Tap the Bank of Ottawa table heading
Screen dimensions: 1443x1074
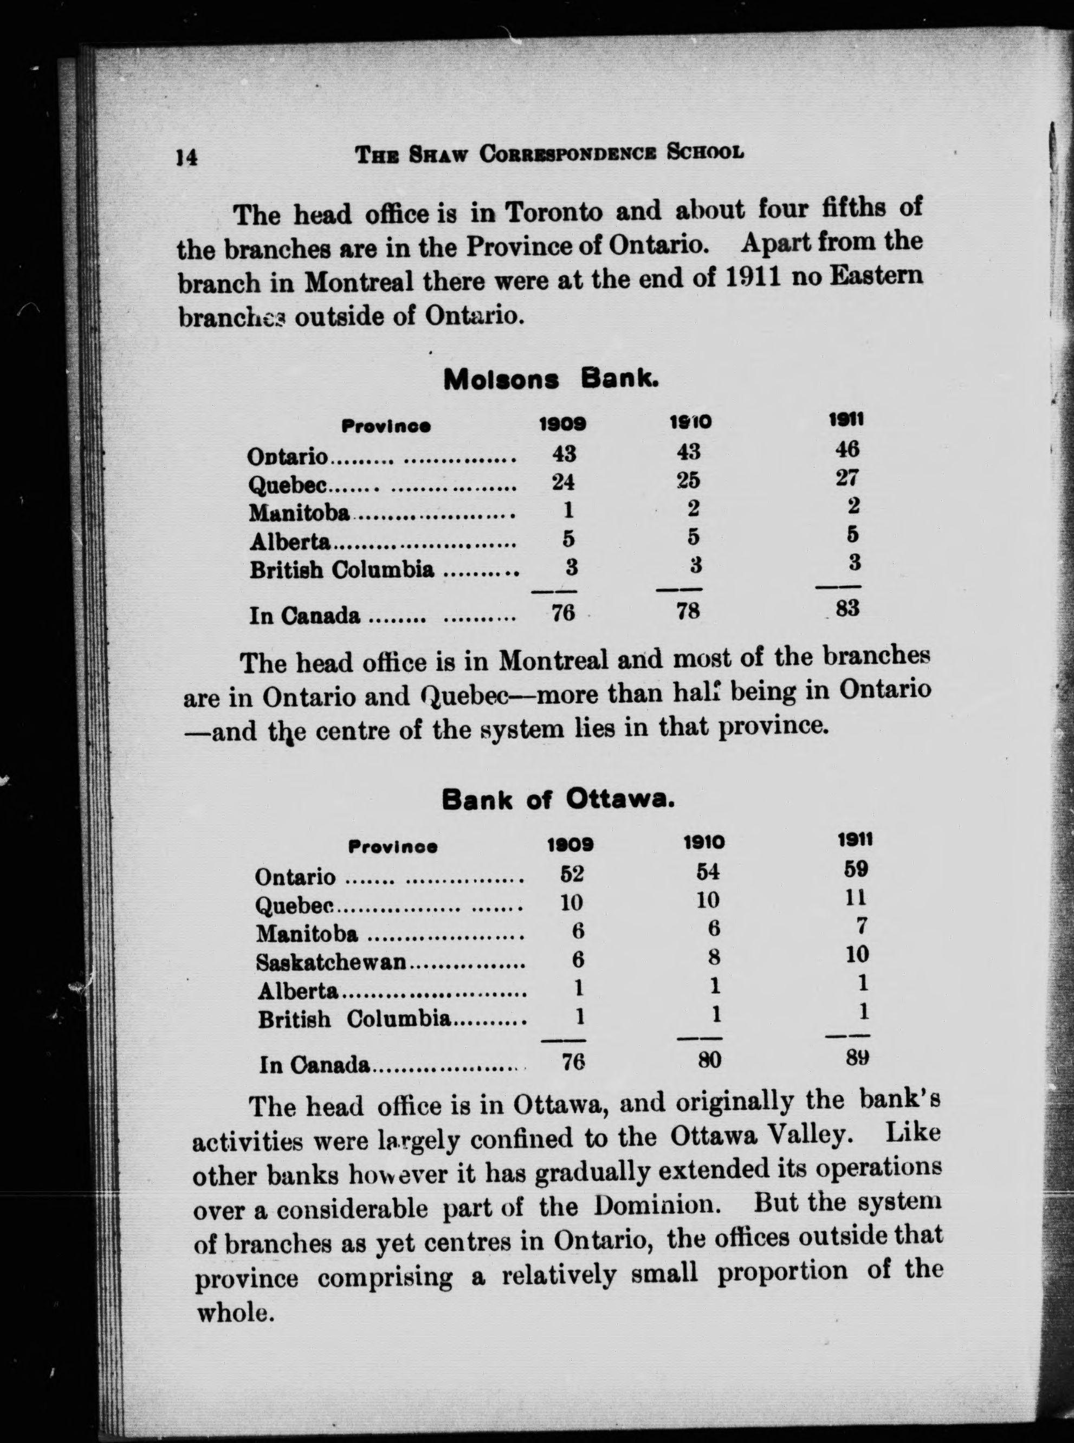557,799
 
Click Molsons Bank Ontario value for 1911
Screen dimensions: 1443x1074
847,449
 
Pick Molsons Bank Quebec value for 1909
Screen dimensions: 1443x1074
563,482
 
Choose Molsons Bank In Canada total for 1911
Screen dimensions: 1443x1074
847,609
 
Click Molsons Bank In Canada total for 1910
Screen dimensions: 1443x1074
687,610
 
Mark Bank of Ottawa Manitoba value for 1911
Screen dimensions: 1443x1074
862,925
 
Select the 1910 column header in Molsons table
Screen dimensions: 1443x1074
690,422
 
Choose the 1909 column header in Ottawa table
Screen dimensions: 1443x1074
570,844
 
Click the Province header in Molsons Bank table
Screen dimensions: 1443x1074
386,426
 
